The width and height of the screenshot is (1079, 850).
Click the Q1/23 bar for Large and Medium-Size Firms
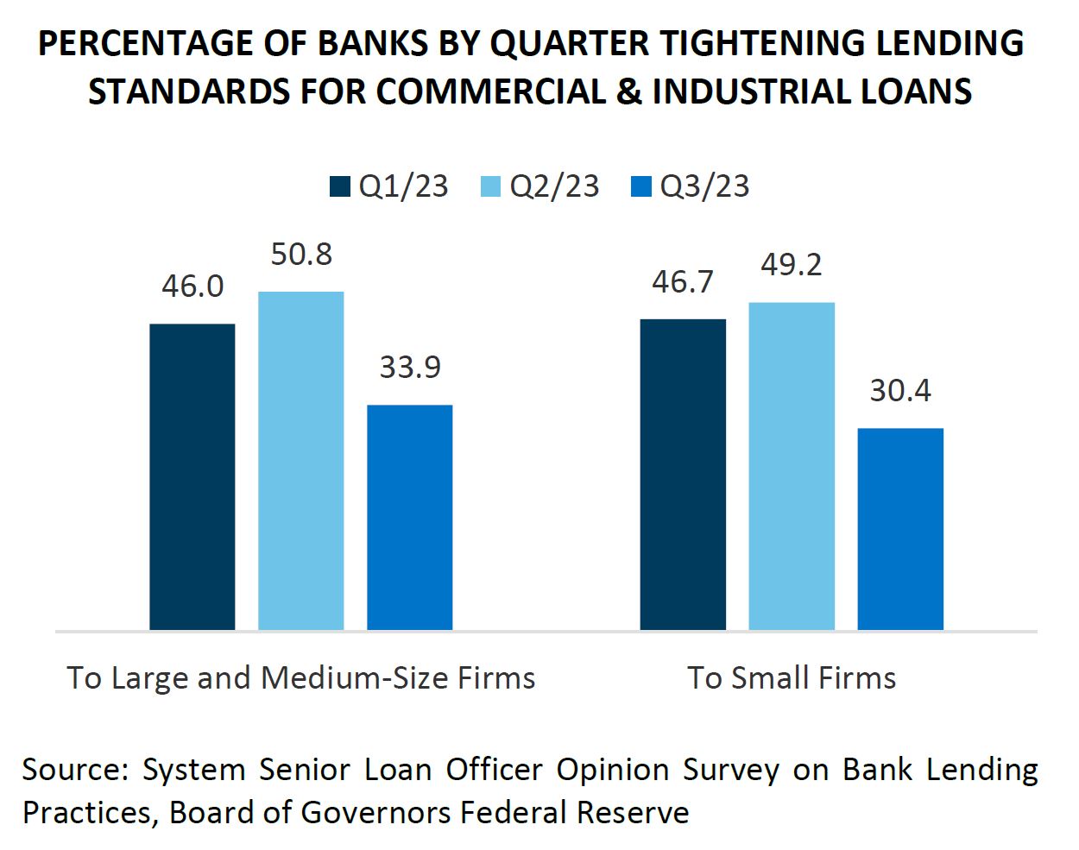[x=192, y=476]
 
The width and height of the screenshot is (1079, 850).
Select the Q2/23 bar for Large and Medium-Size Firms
[x=300, y=461]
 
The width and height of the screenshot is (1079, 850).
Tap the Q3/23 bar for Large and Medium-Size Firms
[x=409, y=517]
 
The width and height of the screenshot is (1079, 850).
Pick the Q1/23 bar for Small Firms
[x=683, y=474]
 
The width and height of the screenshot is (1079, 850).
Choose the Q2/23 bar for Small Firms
[x=792, y=466]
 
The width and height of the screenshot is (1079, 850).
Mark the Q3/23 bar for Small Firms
[x=900, y=528]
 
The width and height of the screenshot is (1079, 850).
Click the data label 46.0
[x=192, y=286]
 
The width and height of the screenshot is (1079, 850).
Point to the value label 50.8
[x=301, y=255]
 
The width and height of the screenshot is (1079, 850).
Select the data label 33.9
[x=410, y=368]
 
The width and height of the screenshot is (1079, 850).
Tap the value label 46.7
[x=683, y=282]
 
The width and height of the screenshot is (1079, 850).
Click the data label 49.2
[x=792, y=265]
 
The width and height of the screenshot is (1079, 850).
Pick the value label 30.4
[x=900, y=391]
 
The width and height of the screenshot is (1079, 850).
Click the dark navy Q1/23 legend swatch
[x=340, y=186]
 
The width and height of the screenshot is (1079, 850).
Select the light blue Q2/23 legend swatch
[x=490, y=186]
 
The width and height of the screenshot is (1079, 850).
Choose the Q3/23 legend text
[x=704, y=186]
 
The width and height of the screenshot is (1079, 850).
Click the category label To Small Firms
[x=792, y=677]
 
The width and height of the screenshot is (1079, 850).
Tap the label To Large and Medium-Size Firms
[x=301, y=677]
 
